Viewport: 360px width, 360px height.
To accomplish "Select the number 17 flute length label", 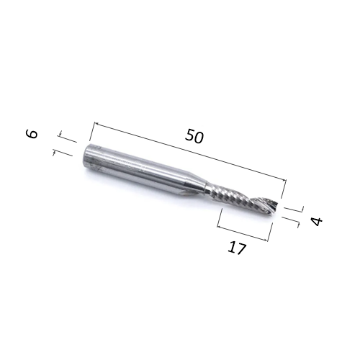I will pyautogui.click(x=237, y=249).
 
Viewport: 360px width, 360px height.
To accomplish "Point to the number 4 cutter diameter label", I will pyautogui.click(x=316, y=220).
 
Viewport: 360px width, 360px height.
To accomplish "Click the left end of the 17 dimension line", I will pyautogui.click(x=219, y=225).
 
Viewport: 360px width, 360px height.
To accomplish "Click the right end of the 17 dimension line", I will pyautogui.click(x=271, y=240).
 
